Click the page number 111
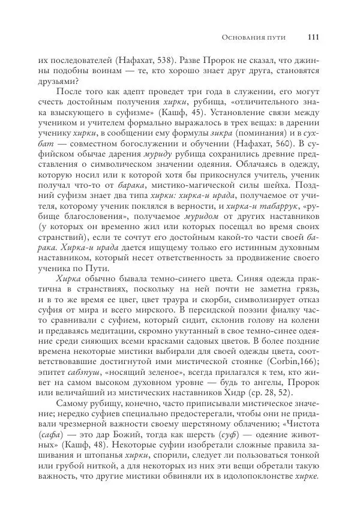[312, 38]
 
